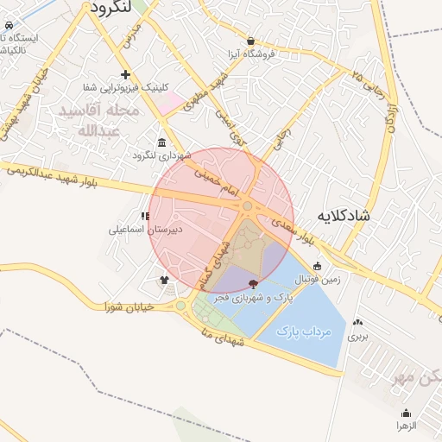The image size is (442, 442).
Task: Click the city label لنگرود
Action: pyautogui.click(x=110, y=7)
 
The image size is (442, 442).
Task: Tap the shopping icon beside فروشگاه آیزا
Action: pyautogui.click(x=250, y=41)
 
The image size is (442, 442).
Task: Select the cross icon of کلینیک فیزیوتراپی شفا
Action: pyautogui.click(x=126, y=74)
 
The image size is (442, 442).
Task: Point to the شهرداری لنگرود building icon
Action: pyautogui.click(x=162, y=142)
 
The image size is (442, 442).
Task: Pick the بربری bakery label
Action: pyautogui.click(x=357, y=337)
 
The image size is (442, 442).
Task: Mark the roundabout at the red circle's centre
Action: pyautogui.click(x=248, y=205)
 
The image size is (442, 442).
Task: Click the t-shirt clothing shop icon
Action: pyautogui.click(x=164, y=280)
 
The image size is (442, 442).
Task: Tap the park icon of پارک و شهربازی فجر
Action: pyautogui.click(x=253, y=283)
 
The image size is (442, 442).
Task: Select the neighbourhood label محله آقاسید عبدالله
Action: pyautogui.click(x=86, y=122)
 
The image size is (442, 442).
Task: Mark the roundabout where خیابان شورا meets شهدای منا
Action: pyautogui.click(x=181, y=305)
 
